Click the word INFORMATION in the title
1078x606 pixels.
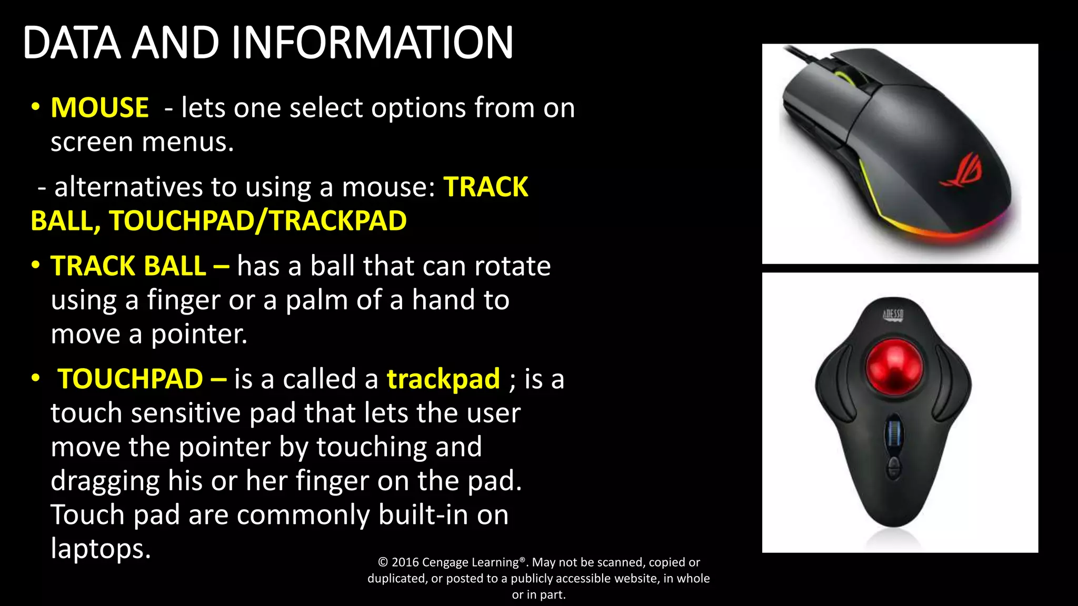[372, 43]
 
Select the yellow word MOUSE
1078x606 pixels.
[99, 108]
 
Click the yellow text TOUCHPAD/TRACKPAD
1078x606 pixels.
[258, 221]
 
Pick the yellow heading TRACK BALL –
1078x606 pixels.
[139, 266]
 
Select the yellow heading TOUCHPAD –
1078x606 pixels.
[142, 379]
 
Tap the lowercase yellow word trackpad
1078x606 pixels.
[443, 379]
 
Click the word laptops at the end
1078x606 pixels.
[101, 549]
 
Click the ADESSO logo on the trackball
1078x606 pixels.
[893, 315]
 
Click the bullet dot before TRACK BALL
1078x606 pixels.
[35, 265]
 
